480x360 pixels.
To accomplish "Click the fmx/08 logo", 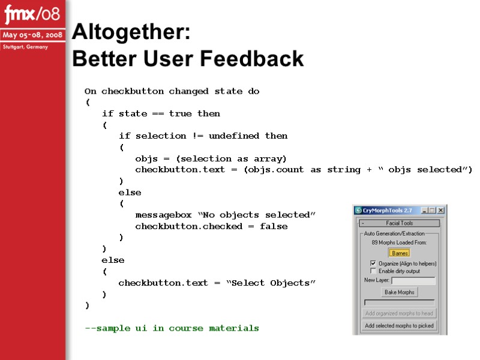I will [32, 13].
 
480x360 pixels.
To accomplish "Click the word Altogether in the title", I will [131, 33].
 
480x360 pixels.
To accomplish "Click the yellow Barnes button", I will [400, 253].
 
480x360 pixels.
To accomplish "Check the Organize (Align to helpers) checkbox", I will [373, 263].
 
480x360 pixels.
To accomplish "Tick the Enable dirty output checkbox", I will [373, 271].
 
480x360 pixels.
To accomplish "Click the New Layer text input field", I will [413, 280].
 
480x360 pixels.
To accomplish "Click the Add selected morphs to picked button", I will [400, 326].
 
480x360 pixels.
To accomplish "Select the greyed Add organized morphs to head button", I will [400, 313].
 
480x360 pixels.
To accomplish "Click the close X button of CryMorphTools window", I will [441, 211].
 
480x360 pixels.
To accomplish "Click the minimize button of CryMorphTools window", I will [424, 211].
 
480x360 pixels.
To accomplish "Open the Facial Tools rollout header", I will [400, 223].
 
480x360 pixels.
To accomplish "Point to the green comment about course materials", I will [172, 328].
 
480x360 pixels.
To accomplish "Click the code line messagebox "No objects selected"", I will [225, 215].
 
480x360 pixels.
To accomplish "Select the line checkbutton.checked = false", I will [211, 226].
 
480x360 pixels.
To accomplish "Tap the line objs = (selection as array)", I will [211, 158].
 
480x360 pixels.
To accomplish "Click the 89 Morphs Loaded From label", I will [400, 242].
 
